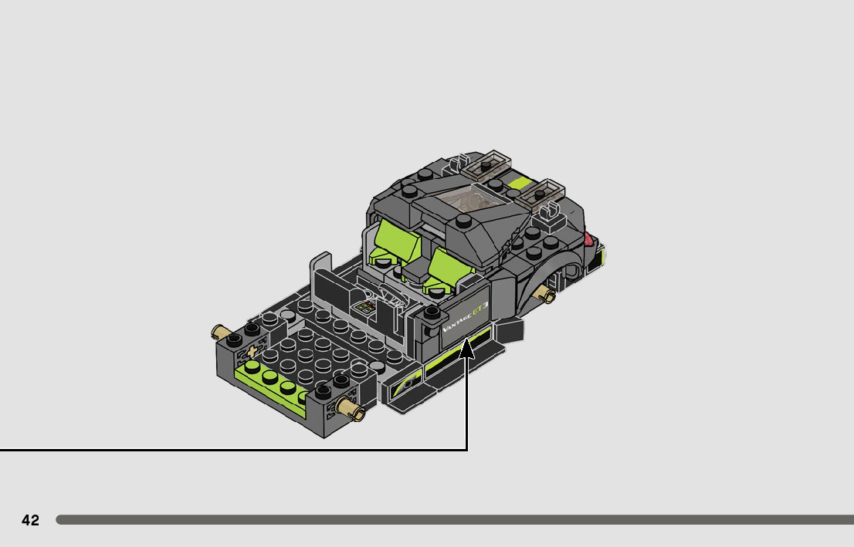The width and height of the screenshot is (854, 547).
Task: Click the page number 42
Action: click(31, 520)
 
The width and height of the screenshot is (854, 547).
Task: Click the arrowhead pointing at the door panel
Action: click(466, 349)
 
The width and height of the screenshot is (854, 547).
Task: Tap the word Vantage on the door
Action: click(456, 322)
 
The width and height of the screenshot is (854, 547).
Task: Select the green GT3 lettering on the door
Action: click(480, 309)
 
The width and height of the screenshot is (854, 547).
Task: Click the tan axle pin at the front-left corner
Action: click(220, 331)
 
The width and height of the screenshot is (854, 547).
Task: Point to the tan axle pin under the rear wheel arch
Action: click(544, 295)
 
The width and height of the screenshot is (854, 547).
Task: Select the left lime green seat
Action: click(395, 242)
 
